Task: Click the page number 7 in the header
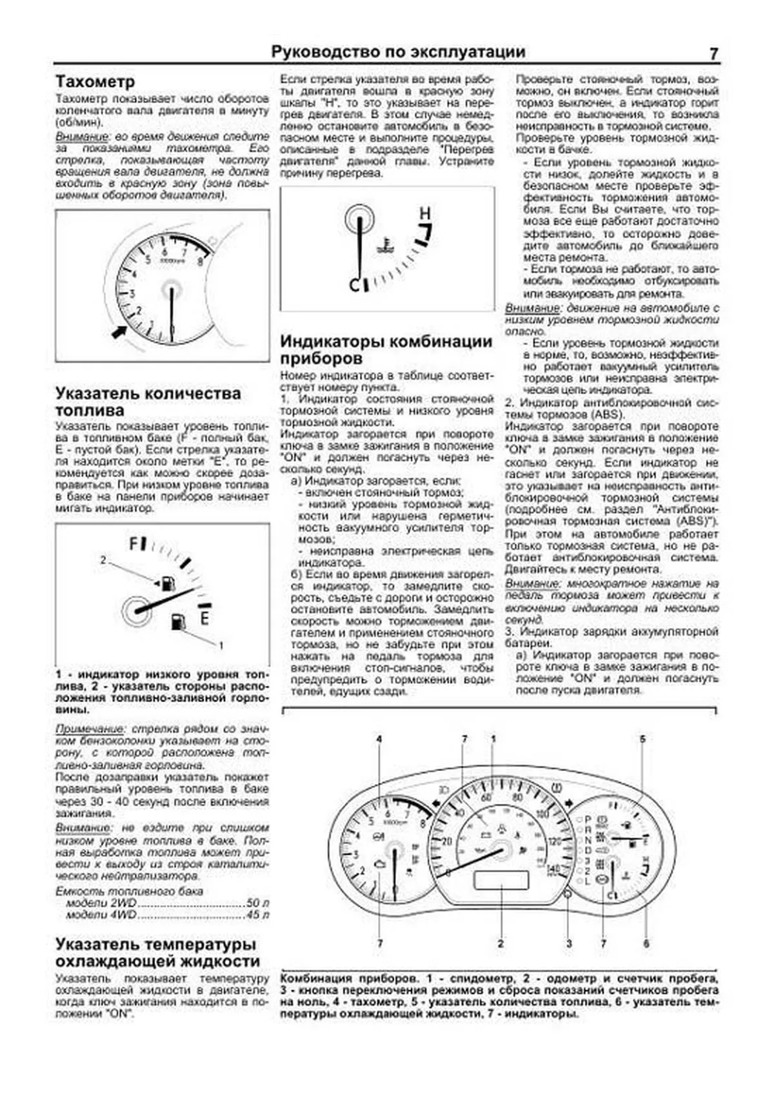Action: click(713, 54)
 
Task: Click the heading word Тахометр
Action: click(95, 82)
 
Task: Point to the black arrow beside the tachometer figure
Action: click(119, 332)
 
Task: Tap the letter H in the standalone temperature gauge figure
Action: click(424, 213)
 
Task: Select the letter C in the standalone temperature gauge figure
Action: click(354, 284)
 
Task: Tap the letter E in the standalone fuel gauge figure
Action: click(204, 619)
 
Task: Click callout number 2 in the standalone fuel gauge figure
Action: click(103, 560)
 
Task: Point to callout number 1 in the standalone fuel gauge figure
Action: click(221, 645)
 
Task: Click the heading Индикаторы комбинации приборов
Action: click(386, 349)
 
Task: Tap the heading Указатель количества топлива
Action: click(148, 402)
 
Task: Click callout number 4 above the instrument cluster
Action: click(379, 739)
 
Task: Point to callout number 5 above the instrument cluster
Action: click(642, 739)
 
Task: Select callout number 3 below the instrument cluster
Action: click(569, 944)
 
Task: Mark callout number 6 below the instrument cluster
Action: click(646, 944)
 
